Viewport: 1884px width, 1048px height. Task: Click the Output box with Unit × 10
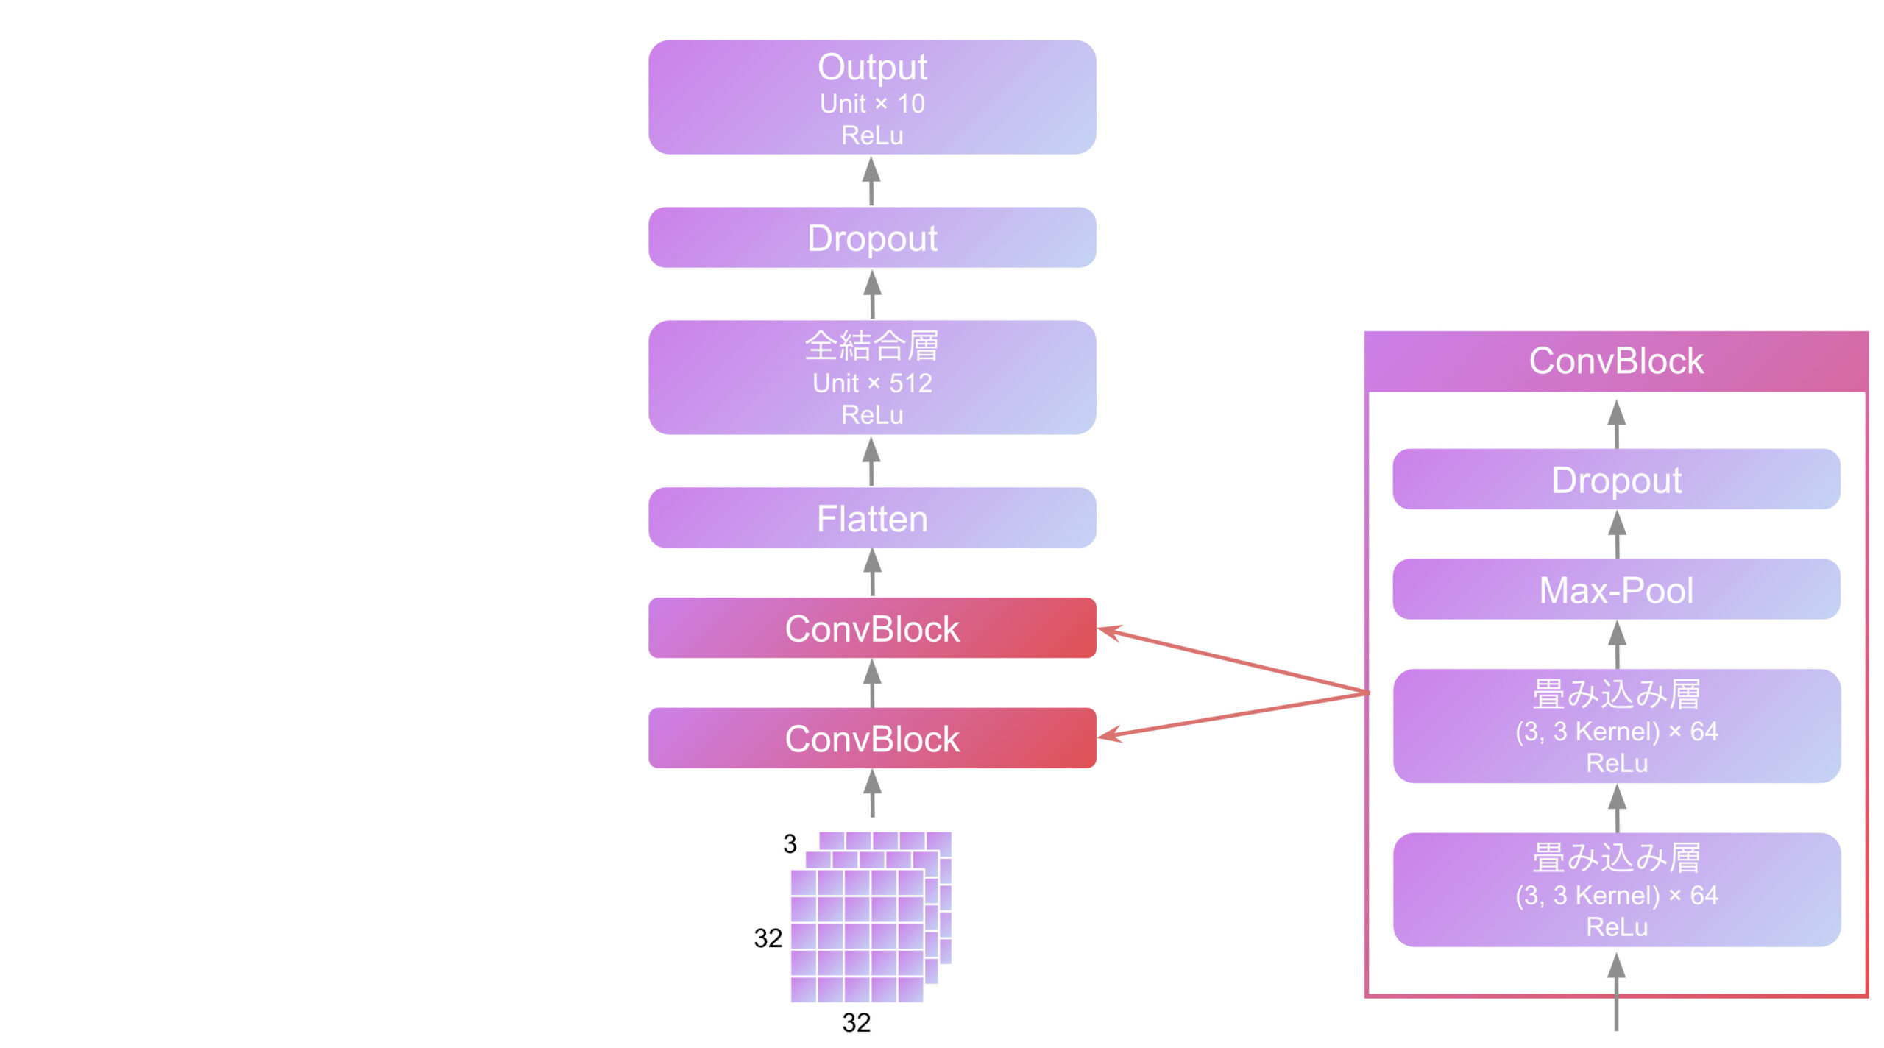872,97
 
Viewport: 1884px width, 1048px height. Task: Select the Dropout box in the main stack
872,238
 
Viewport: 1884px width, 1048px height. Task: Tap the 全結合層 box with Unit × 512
872,378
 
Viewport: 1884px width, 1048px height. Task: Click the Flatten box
872,518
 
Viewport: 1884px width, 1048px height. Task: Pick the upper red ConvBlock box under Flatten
872,629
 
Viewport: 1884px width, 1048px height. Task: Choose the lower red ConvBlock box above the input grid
872,738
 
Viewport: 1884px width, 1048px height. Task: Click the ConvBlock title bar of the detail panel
1616,361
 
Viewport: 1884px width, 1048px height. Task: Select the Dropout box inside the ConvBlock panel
1616,480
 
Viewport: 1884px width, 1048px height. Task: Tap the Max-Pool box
1616,589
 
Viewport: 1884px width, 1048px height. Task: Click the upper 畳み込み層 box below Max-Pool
1616,726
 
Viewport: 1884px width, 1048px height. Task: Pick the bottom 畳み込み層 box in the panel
1616,890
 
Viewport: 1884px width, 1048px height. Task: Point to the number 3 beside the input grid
790,843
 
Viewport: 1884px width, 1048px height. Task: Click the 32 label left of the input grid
768,938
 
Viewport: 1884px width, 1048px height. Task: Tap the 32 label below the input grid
856,1022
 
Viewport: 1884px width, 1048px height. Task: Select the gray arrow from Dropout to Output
871,181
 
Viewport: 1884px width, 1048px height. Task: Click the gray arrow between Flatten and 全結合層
871,461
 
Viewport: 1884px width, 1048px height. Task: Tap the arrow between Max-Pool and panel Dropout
1616,534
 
